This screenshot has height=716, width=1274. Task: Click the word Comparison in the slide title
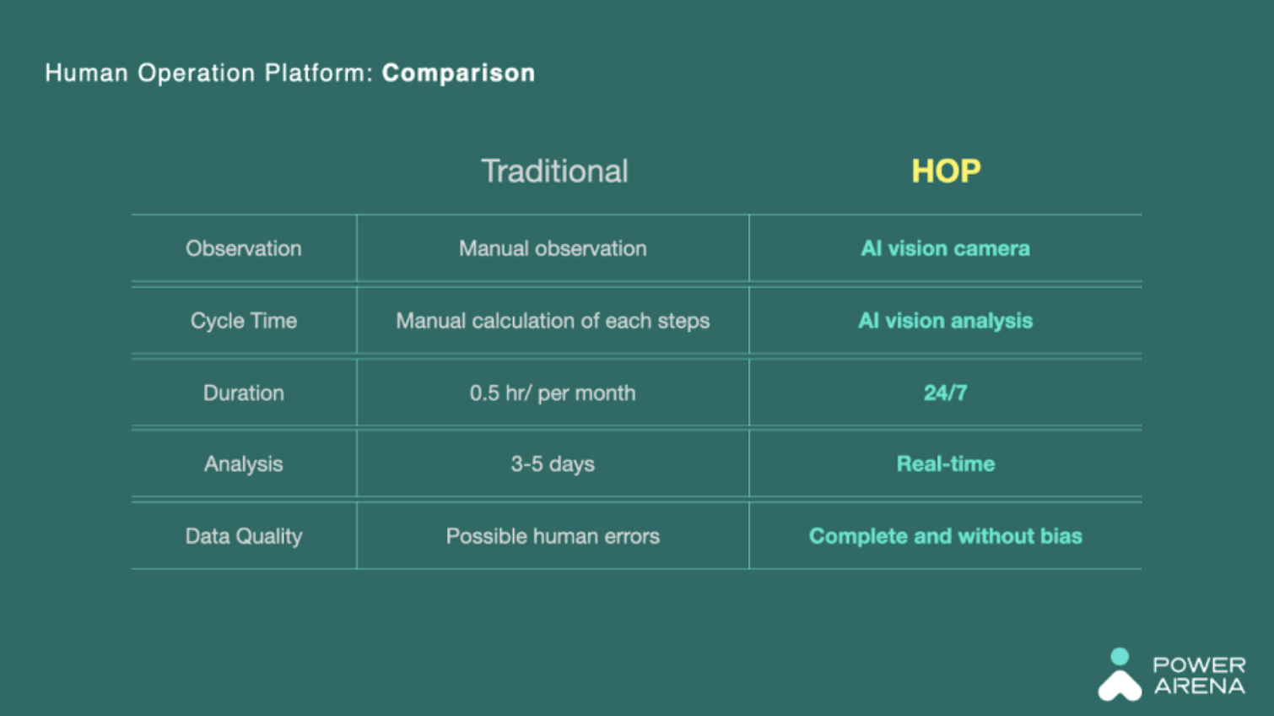458,73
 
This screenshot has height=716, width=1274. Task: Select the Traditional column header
554,171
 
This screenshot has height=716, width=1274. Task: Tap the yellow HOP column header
946,171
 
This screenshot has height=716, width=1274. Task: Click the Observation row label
244,249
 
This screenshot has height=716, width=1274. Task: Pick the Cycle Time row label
244,321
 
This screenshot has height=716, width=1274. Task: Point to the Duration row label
244,393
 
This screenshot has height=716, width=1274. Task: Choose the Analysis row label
244,464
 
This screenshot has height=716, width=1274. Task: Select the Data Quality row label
244,536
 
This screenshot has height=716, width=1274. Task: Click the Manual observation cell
553,249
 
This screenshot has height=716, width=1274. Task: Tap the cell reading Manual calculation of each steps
553,321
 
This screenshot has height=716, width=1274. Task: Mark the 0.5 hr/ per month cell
553,393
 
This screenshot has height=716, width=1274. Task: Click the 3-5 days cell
553,464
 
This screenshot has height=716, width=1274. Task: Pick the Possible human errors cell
553,536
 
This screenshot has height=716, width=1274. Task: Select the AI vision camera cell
945,249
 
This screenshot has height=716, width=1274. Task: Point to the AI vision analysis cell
945,321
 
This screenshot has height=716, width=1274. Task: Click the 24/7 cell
945,393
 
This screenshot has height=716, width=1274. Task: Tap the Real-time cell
946,464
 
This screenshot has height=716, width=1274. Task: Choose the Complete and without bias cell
945,536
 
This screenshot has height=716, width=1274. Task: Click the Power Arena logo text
1200,675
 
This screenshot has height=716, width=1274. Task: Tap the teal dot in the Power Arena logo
1120,656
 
